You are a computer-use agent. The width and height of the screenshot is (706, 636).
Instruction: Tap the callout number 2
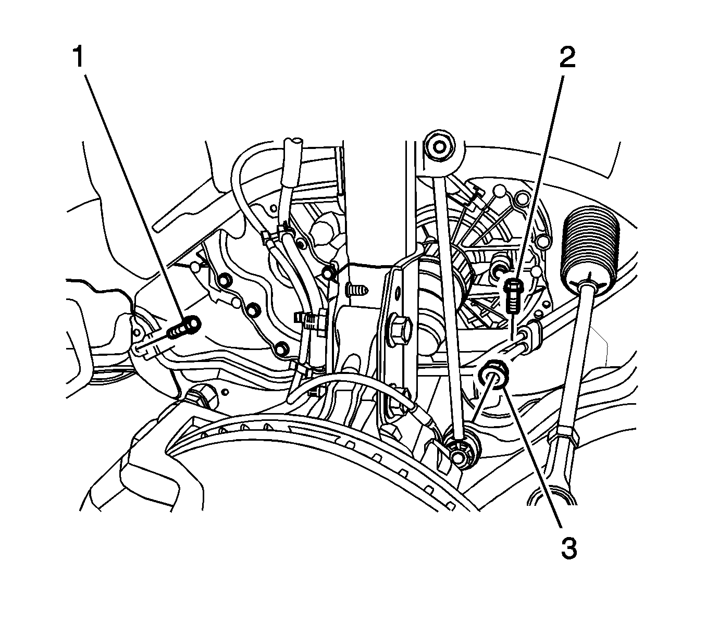(x=567, y=57)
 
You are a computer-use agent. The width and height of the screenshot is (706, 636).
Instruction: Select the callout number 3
(x=569, y=548)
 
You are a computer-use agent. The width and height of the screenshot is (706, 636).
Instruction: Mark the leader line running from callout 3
(x=530, y=460)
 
